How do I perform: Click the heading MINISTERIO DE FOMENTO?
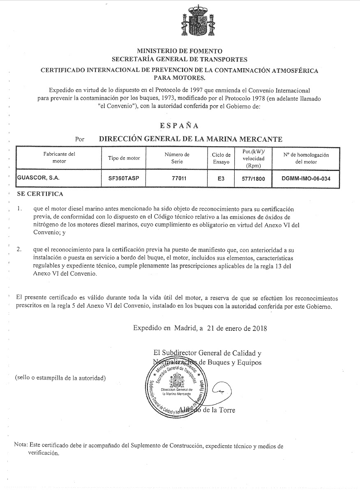pyautogui.click(x=180, y=51)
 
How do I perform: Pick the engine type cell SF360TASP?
pyautogui.click(x=124, y=179)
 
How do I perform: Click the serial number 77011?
pyautogui.click(x=177, y=179)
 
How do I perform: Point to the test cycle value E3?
pyautogui.click(x=221, y=179)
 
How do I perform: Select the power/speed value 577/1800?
pyautogui.click(x=253, y=179)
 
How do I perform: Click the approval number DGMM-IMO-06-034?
pyautogui.click(x=306, y=179)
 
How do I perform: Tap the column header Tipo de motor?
pyautogui.click(x=124, y=158)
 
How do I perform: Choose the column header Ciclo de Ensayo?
pyautogui.click(x=221, y=158)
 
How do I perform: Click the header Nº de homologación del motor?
pyautogui.click(x=306, y=158)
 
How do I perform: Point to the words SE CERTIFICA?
pyautogui.click(x=40, y=194)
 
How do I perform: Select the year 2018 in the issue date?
pyautogui.click(x=259, y=328)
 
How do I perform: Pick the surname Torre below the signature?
pyautogui.click(x=226, y=410)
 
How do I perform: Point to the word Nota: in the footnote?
pyautogui.click(x=21, y=445)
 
